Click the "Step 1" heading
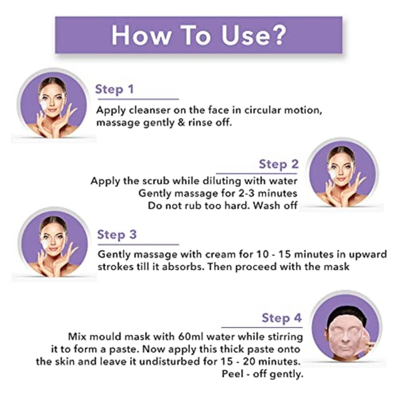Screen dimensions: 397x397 [x=114, y=89]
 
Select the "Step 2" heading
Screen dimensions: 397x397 [x=279, y=164]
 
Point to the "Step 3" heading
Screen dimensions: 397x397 [x=117, y=235]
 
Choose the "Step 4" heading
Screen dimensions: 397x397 [x=282, y=318]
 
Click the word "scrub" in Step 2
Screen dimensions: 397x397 [x=156, y=181]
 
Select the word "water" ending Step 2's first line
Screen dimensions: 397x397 [x=283, y=181]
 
